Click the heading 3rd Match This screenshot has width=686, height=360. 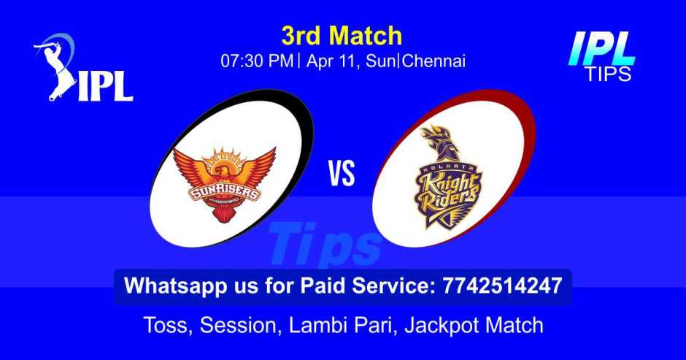coord(342,35)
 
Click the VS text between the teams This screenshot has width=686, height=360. coord(341,175)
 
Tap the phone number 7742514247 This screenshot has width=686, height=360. coord(502,286)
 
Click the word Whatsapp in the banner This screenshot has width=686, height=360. coord(165,286)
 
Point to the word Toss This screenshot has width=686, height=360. coord(164,324)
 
